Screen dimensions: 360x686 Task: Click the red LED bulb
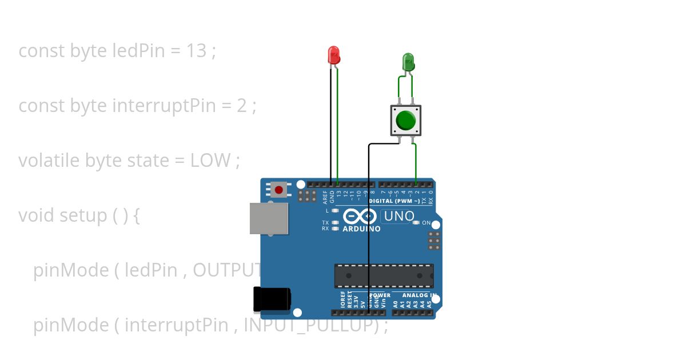[x=334, y=55]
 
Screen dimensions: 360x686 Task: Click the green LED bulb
[x=408, y=62]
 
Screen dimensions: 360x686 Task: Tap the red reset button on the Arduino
[x=279, y=189]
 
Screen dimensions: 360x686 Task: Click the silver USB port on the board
[x=269, y=218]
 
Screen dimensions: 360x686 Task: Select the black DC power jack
[x=272, y=299]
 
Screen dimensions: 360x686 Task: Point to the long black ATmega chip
[x=384, y=276]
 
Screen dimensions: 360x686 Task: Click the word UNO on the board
[x=398, y=217]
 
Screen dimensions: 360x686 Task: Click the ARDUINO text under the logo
[x=361, y=229]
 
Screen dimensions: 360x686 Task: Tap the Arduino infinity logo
[x=361, y=217]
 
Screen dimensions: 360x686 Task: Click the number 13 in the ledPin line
[x=196, y=51]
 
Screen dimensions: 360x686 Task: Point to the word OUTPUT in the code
[x=229, y=270]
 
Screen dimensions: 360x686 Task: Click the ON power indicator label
[x=426, y=223]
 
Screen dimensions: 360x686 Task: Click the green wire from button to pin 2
[x=416, y=163]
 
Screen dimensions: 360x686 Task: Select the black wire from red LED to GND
[x=331, y=126]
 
